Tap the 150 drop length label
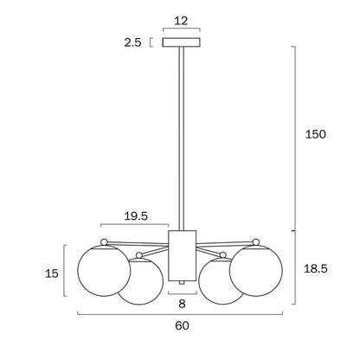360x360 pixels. [317, 136]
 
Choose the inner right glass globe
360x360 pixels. [222, 280]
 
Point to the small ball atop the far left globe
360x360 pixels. [104, 241]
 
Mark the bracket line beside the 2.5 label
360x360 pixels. [152, 42]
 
